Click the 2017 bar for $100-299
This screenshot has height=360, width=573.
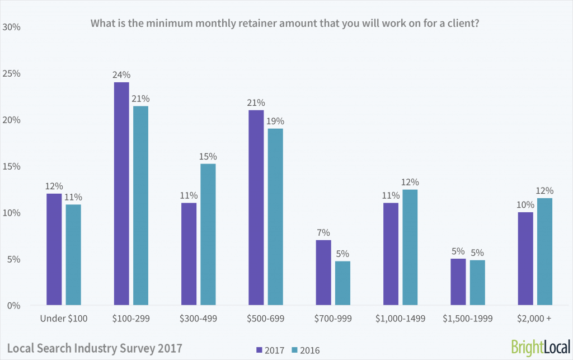[121, 194]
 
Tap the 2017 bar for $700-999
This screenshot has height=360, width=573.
[323, 273]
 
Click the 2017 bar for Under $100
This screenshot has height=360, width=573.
[54, 250]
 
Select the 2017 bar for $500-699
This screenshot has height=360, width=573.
[256, 208]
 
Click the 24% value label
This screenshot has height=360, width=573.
[121, 75]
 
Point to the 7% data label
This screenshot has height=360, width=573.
[323, 233]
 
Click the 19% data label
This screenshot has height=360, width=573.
[275, 121]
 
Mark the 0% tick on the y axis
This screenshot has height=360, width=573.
[13, 306]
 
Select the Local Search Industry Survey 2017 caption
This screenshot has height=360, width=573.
[95, 348]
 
